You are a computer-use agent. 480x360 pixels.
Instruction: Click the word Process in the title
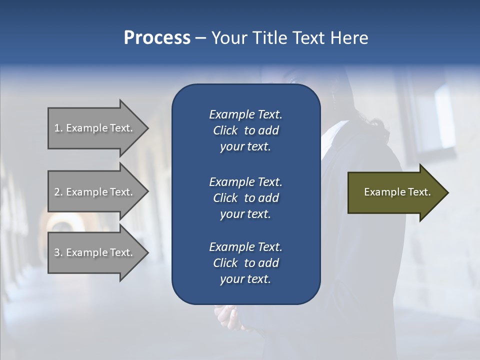pos(157,38)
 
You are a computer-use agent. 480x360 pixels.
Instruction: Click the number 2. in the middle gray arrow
pos(58,192)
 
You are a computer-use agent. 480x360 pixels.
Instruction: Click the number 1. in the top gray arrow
pos(58,128)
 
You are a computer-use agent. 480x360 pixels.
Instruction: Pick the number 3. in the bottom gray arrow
pos(58,252)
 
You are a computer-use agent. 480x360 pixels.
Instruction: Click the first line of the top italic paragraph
pos(245,114)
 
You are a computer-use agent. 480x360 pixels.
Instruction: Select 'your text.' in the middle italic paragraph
pos(245,214)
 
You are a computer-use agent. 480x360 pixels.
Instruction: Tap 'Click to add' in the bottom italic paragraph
pos(245,263)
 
